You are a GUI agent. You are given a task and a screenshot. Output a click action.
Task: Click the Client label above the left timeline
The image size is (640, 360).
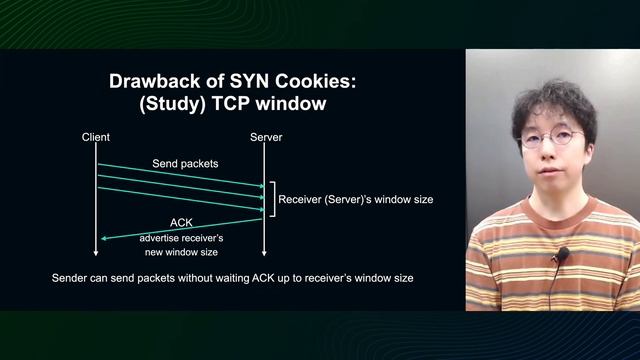tap(96, 137)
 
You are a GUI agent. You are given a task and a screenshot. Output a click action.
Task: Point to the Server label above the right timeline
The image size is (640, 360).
tap(264, 137)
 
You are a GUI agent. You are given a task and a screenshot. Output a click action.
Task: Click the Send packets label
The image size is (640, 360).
tap(185, 162)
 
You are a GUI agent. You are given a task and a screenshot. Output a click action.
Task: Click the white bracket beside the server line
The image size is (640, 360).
tap(271, 199)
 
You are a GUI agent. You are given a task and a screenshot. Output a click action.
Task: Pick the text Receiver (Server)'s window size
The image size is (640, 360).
tap(356, 200)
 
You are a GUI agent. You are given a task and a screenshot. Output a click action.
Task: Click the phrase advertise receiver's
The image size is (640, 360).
tap(181, 240)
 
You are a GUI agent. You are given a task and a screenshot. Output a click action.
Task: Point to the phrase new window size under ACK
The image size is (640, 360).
tap(181, 254)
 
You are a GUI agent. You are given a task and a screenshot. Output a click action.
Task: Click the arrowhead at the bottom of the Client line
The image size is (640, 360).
tap(97, 252)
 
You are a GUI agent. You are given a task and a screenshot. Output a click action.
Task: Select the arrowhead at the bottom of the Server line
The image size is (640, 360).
tap(264, 252)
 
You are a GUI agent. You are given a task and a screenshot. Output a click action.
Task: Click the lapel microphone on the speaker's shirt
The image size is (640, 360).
tap(561, 255)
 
